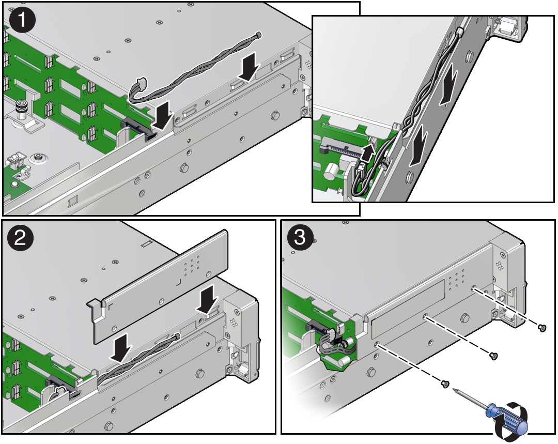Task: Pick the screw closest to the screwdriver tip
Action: click(x=444, y=384)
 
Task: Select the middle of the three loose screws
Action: click(x=493, y=356)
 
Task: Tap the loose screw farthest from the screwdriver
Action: click(x=541, y=327)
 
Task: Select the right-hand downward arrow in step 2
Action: click(x=208, y=301)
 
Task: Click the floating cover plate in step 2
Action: click(x=160, y=289)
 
